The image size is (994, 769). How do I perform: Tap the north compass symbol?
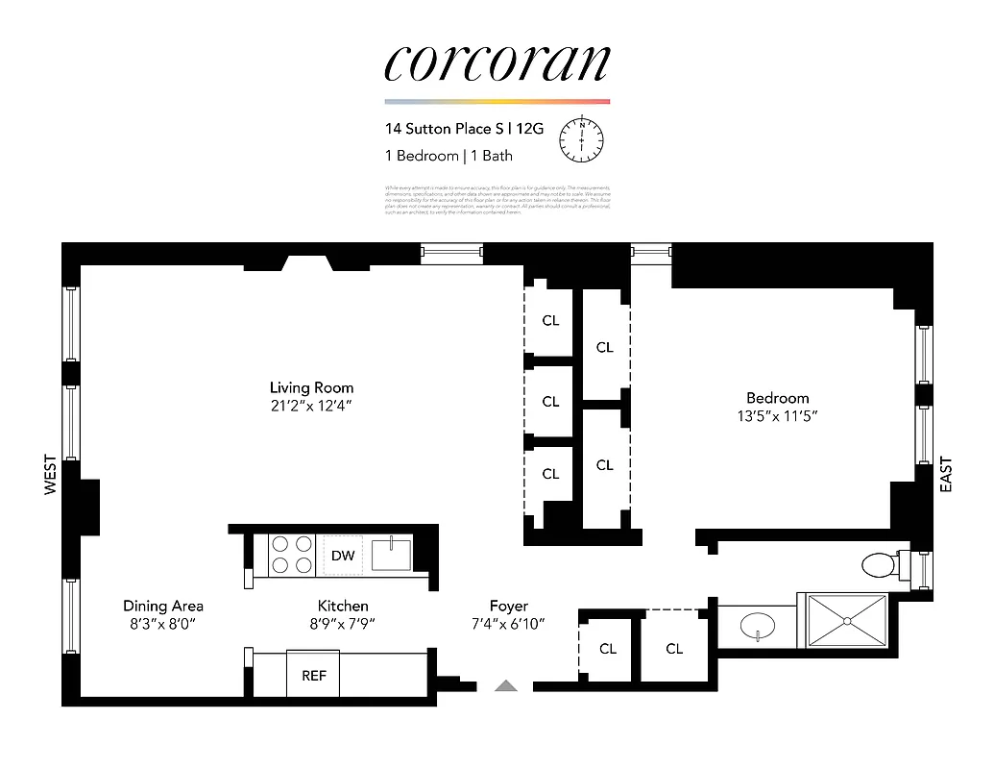581,139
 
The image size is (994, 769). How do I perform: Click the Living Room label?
311,387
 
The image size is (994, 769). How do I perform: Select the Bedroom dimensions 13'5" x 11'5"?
778,416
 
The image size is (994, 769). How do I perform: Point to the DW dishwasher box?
343,556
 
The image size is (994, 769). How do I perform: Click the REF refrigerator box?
314,675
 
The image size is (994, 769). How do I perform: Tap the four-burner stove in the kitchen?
292,555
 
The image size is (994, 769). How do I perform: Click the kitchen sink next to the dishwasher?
392,555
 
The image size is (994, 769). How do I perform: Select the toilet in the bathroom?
879,564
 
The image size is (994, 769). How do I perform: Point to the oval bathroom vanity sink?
758,628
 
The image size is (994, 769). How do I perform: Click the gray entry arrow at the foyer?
505,685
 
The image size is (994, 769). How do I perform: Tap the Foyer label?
508,606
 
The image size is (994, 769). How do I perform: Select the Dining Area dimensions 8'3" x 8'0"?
163,624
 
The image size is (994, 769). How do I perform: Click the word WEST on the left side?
51,477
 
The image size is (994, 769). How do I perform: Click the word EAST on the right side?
946,474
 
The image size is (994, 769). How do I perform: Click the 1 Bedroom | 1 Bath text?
449,156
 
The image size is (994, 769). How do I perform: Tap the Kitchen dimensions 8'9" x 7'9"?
343,624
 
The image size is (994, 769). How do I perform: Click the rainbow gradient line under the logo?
497,101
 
